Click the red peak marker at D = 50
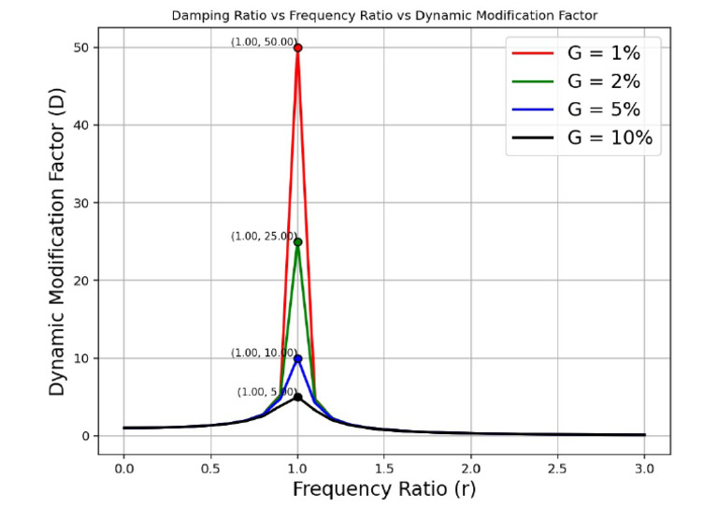click(x=297, y=48)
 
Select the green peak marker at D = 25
click(x=297, y=242)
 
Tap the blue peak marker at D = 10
click(x=297, y=358)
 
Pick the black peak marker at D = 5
click(x=297, y=397)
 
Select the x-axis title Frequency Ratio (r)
click(x=383, y=488)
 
